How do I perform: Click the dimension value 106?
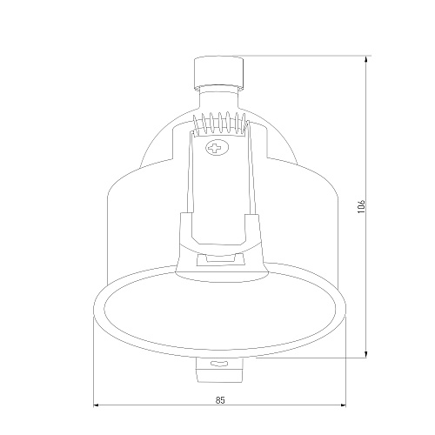pos(361,206)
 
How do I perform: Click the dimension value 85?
pos(220,400)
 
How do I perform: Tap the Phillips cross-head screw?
pos(217,148)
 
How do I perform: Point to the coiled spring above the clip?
pos(220,124)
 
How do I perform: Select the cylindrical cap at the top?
pos(218,72)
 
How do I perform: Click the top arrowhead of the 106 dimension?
pos(366,59)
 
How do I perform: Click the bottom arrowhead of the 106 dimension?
pos(366,354)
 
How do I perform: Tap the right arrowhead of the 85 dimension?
pos(342,405)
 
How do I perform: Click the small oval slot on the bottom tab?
pos(219,364)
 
